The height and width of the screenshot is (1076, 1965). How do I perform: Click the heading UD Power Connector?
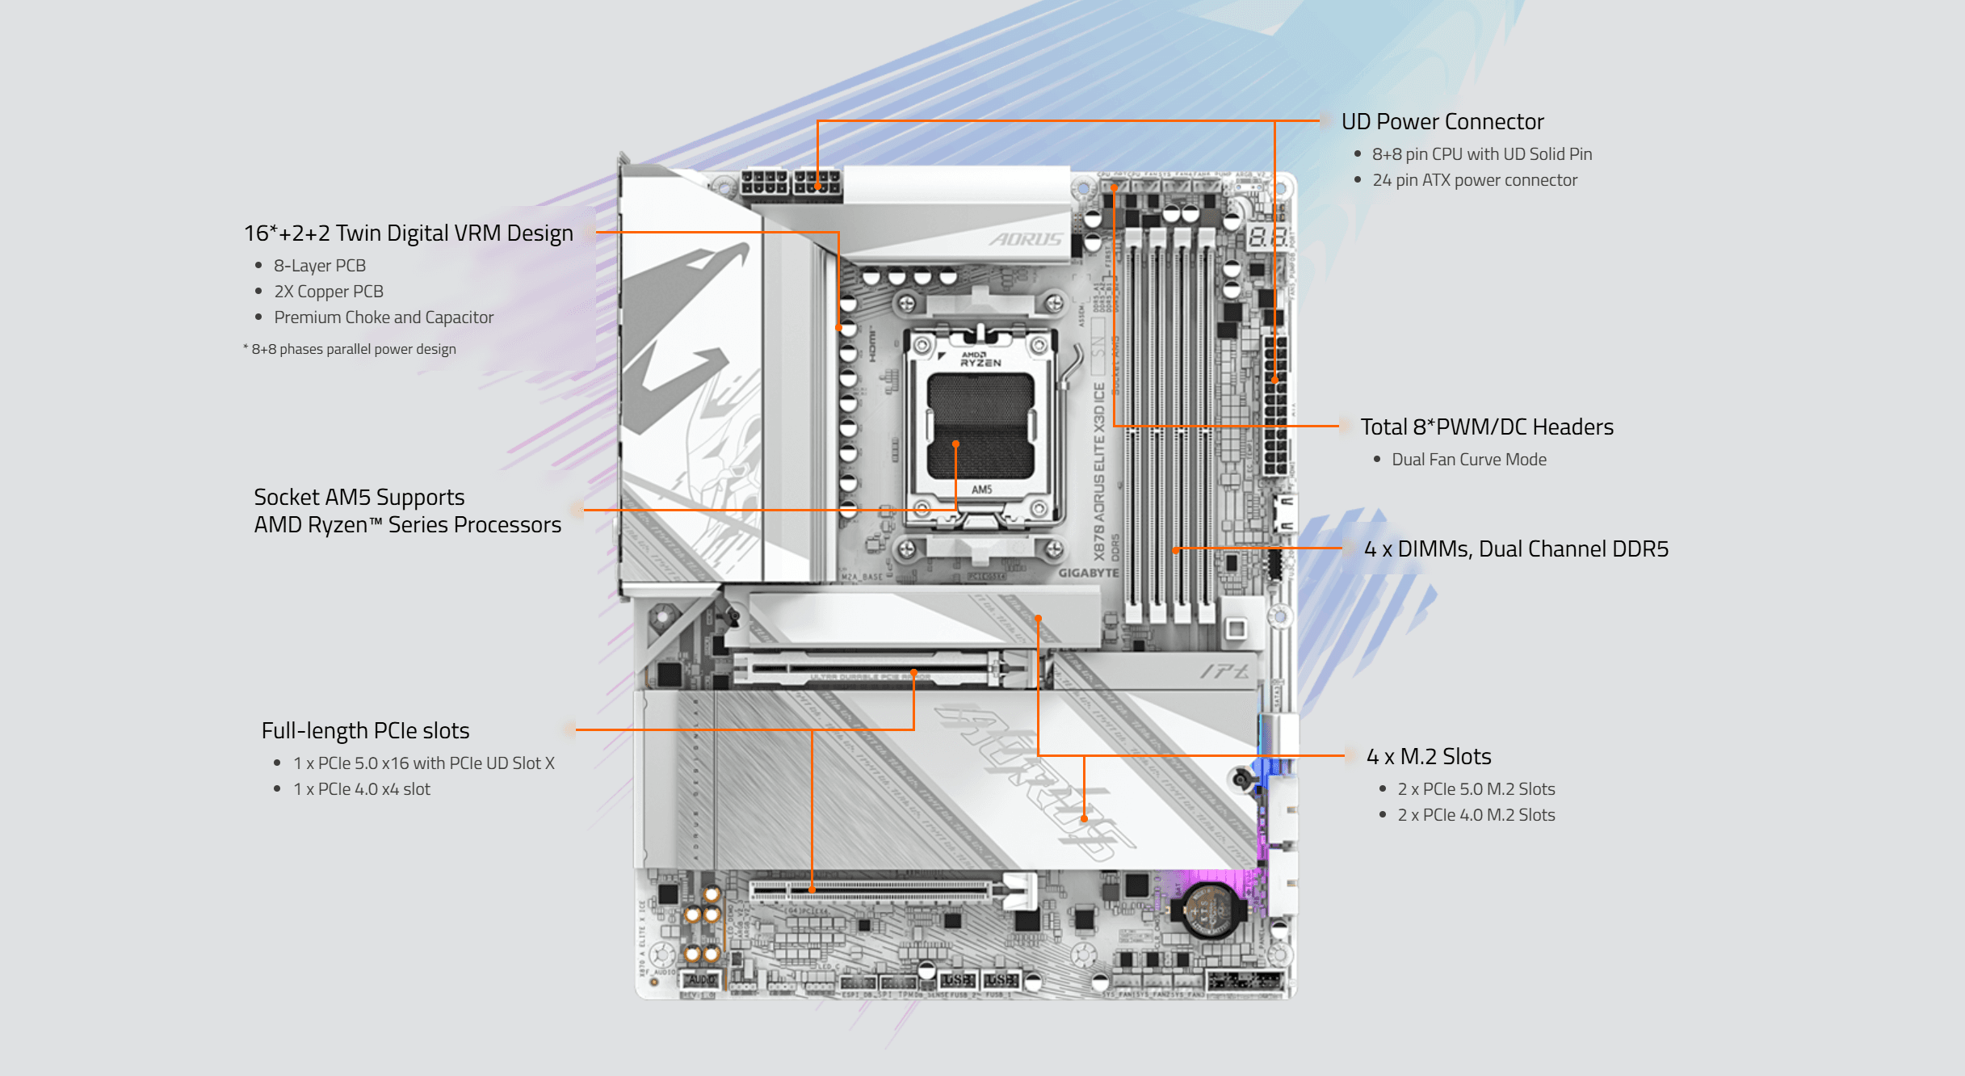tap(1442, 122)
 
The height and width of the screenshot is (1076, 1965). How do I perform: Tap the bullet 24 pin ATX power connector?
tap(1474, 180)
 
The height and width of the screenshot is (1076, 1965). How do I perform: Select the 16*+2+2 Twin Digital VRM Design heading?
tap(408, 233)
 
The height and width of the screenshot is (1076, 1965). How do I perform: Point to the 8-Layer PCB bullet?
tap(319, 266)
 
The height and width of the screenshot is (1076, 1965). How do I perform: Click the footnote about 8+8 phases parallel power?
tap(352, 349)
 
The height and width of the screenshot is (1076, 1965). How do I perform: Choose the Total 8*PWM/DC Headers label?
tap(1486, 427)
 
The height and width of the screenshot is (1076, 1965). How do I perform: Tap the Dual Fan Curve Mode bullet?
tap(1468, 460)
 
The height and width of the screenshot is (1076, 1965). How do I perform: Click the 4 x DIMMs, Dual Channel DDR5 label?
tap(1515, 549)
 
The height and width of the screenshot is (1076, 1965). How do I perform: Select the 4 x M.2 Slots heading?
tap(1428, 757)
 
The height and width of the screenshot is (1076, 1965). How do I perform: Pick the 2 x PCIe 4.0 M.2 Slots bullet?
tap(1476, 815)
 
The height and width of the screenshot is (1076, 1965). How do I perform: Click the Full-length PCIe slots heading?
tap(365, 731)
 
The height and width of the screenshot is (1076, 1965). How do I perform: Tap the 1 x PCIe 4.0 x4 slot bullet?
tap(361, 789)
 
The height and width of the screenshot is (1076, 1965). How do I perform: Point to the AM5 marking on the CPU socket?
tap(981, 490)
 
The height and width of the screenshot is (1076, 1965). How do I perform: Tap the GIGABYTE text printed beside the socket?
tap(1088, 573)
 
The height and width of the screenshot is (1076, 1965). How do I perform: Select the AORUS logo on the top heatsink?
tap(1026, 239)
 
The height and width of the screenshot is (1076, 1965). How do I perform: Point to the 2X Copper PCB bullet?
tap(328, 292)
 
